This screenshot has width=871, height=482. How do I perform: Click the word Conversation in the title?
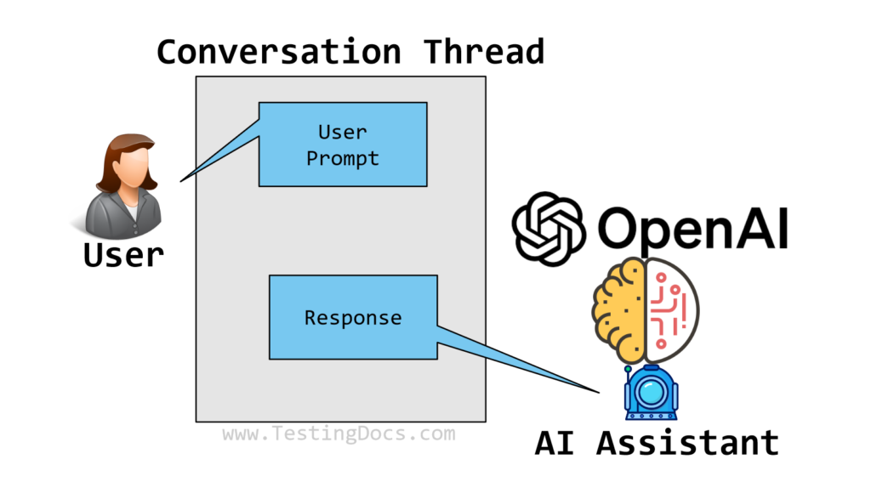[278, 52]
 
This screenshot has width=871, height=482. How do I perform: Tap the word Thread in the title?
[484, 52]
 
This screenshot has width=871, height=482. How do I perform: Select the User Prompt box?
[343, 145]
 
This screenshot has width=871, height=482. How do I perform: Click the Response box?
[353, 317]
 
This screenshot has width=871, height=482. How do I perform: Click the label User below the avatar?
[123, 253]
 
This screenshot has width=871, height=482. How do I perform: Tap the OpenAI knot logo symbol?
[548, 228]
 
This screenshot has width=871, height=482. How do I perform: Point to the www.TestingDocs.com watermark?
[339, 434]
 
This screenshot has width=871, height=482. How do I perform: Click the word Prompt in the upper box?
[343, 158]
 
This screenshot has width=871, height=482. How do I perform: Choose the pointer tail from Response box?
[519, 357]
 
